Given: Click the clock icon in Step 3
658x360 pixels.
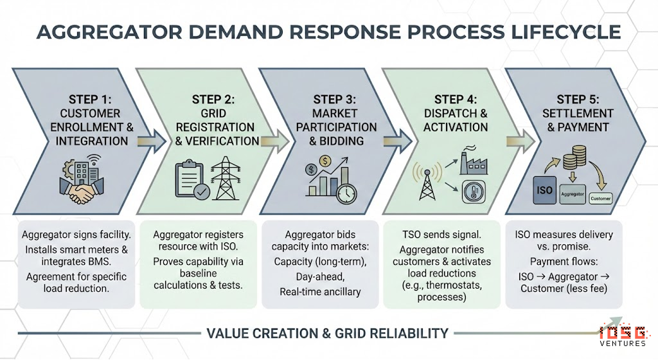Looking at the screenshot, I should click(346, 192).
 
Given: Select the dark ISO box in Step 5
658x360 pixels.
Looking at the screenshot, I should click(544, 191).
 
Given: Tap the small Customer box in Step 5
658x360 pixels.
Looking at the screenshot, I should click(600, 198).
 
